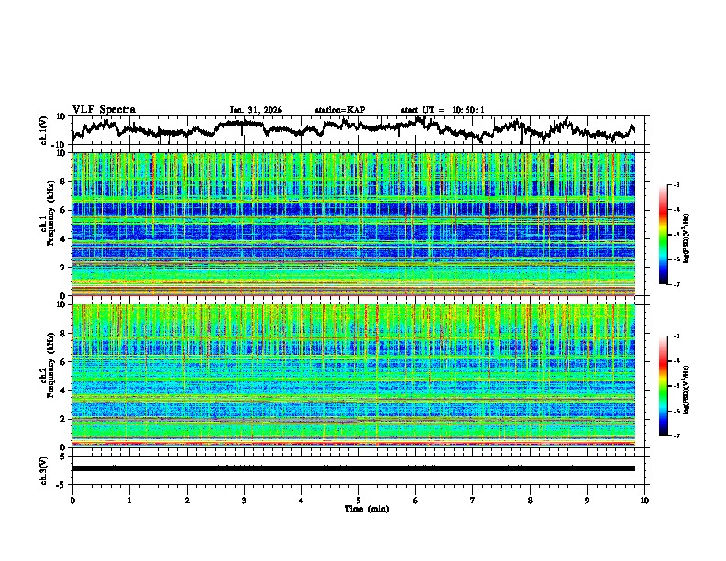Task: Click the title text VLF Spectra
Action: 104,109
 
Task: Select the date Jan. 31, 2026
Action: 256,110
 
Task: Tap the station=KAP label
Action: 340,110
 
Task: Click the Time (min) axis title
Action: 358,508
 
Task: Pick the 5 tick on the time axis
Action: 358,500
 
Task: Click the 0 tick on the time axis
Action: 72,500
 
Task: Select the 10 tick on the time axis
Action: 644,500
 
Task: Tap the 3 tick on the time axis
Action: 244,500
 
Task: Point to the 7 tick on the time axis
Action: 473,500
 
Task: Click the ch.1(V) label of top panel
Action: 44,130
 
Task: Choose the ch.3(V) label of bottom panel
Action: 44,468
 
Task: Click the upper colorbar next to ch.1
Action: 674,236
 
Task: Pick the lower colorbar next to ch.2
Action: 674,387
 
